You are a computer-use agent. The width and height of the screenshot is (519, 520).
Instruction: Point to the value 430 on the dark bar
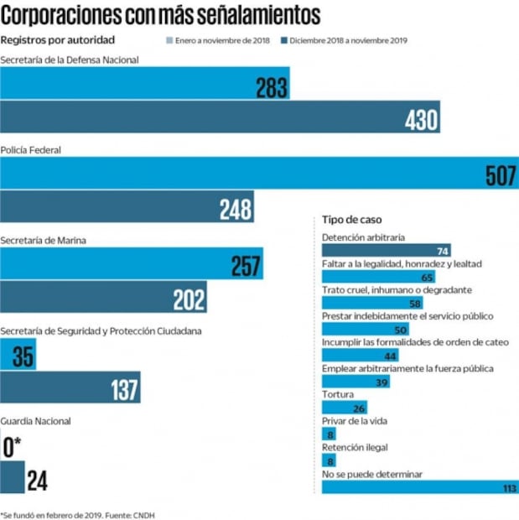pos(421,121)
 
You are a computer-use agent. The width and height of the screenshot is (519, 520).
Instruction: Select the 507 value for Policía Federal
pos(501,175)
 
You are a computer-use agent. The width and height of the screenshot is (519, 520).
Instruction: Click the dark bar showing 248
pos(126,209)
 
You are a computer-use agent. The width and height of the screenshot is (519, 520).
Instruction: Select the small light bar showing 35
pos(18,356)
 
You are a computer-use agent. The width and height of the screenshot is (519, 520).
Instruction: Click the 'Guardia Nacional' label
pos(36,421)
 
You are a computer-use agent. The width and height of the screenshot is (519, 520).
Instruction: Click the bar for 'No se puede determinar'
pos(419,486)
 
